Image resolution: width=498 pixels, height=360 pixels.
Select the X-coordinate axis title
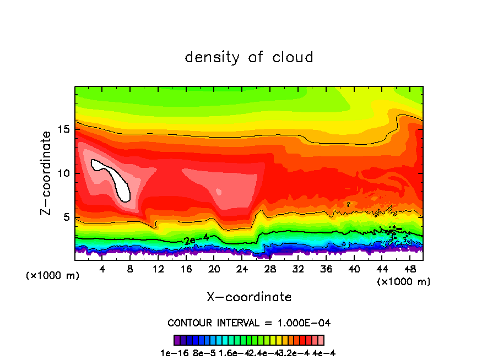click(249, 297)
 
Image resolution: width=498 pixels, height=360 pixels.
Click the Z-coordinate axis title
click(47, 173)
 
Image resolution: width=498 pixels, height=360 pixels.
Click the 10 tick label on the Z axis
click(63, 173)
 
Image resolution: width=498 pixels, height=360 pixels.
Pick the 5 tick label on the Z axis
click(66, 217)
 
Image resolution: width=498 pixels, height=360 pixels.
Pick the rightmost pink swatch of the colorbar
click(321, 340)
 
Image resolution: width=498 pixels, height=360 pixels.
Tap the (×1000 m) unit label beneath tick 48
click(404, 282)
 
